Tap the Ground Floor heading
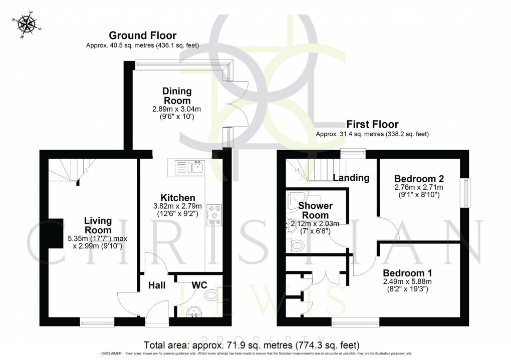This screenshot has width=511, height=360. (x=143, y=36)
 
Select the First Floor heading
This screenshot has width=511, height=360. (x=372, y=124)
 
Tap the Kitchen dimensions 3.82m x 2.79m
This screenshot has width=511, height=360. (x=178, y=206)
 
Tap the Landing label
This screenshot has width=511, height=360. (x=351, y=177)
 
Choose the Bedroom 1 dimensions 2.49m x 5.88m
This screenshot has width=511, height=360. (x=407, y=283)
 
